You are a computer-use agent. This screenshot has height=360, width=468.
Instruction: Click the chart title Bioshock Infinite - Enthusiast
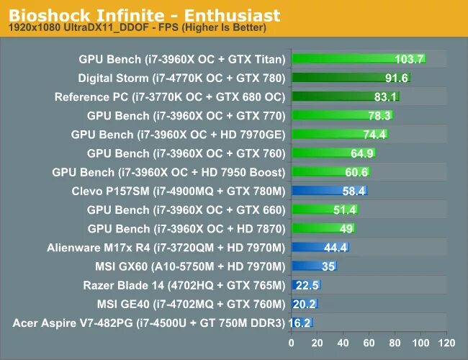pyautogui.click(x=144, y=15)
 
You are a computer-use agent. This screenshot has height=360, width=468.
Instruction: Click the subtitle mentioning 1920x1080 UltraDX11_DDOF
pyautogui.click(x=137, y=28)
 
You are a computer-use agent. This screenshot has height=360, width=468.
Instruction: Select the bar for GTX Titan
pyautogui.click(x=358, y=59)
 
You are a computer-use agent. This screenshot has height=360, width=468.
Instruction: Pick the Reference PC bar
pyautogui.click(x=345, y=96)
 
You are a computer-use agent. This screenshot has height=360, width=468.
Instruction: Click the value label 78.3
pyautogui.click(x=377, y=116)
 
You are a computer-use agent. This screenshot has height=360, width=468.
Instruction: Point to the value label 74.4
pyautogui.click(x=374, y=135)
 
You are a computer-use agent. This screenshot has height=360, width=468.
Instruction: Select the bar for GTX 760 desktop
pyautogui.click(x=333, y=153)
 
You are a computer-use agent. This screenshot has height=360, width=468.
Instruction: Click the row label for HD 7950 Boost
pyautogui.click(x=169, y=172)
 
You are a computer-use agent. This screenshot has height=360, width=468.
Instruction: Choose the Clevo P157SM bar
pyautogui.click(x=329, y=191)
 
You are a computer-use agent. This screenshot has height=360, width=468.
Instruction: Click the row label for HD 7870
pyautogui.click(x=186, y=228)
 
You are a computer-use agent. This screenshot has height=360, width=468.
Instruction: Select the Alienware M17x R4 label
pyautogui.click(x=166, y=248)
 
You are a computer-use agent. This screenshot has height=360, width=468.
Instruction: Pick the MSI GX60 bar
pyautogui.click(x=314, y=266)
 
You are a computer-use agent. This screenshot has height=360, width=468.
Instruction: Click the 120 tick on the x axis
pyautogui.click(x=446, y=342)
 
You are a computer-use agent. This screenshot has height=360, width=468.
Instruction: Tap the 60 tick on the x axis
pyautogui.click(x=369, y=342)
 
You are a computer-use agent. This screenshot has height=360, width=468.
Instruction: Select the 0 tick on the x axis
pyautogui.click(x=292, y=342)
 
